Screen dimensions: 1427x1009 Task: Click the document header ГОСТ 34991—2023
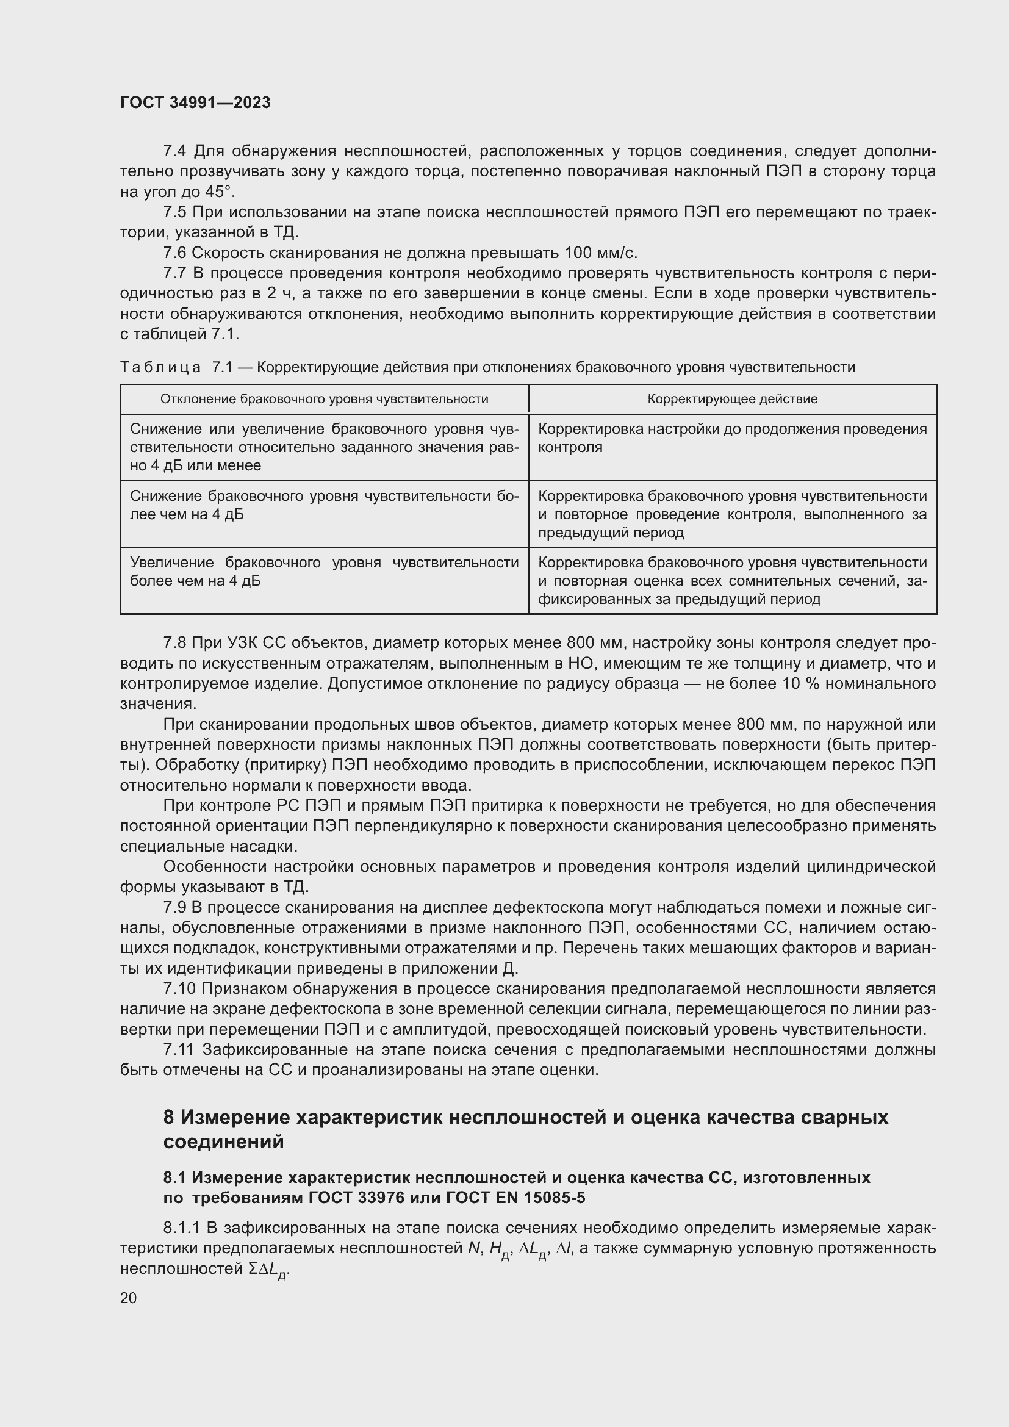[195, 102]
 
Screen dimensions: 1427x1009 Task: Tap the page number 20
[129, 1298]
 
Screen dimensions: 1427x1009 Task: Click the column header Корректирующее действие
[732, 399]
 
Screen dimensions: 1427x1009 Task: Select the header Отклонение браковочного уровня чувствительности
[324, 399]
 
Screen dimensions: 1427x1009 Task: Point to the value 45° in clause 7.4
[220, 192]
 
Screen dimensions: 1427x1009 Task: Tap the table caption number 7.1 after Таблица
[222, 367]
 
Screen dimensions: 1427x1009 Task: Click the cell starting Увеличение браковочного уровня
[324, 572]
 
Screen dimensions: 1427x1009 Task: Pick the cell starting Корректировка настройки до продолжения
[732, 438]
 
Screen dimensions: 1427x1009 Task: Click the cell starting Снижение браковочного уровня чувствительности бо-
[324, 505]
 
